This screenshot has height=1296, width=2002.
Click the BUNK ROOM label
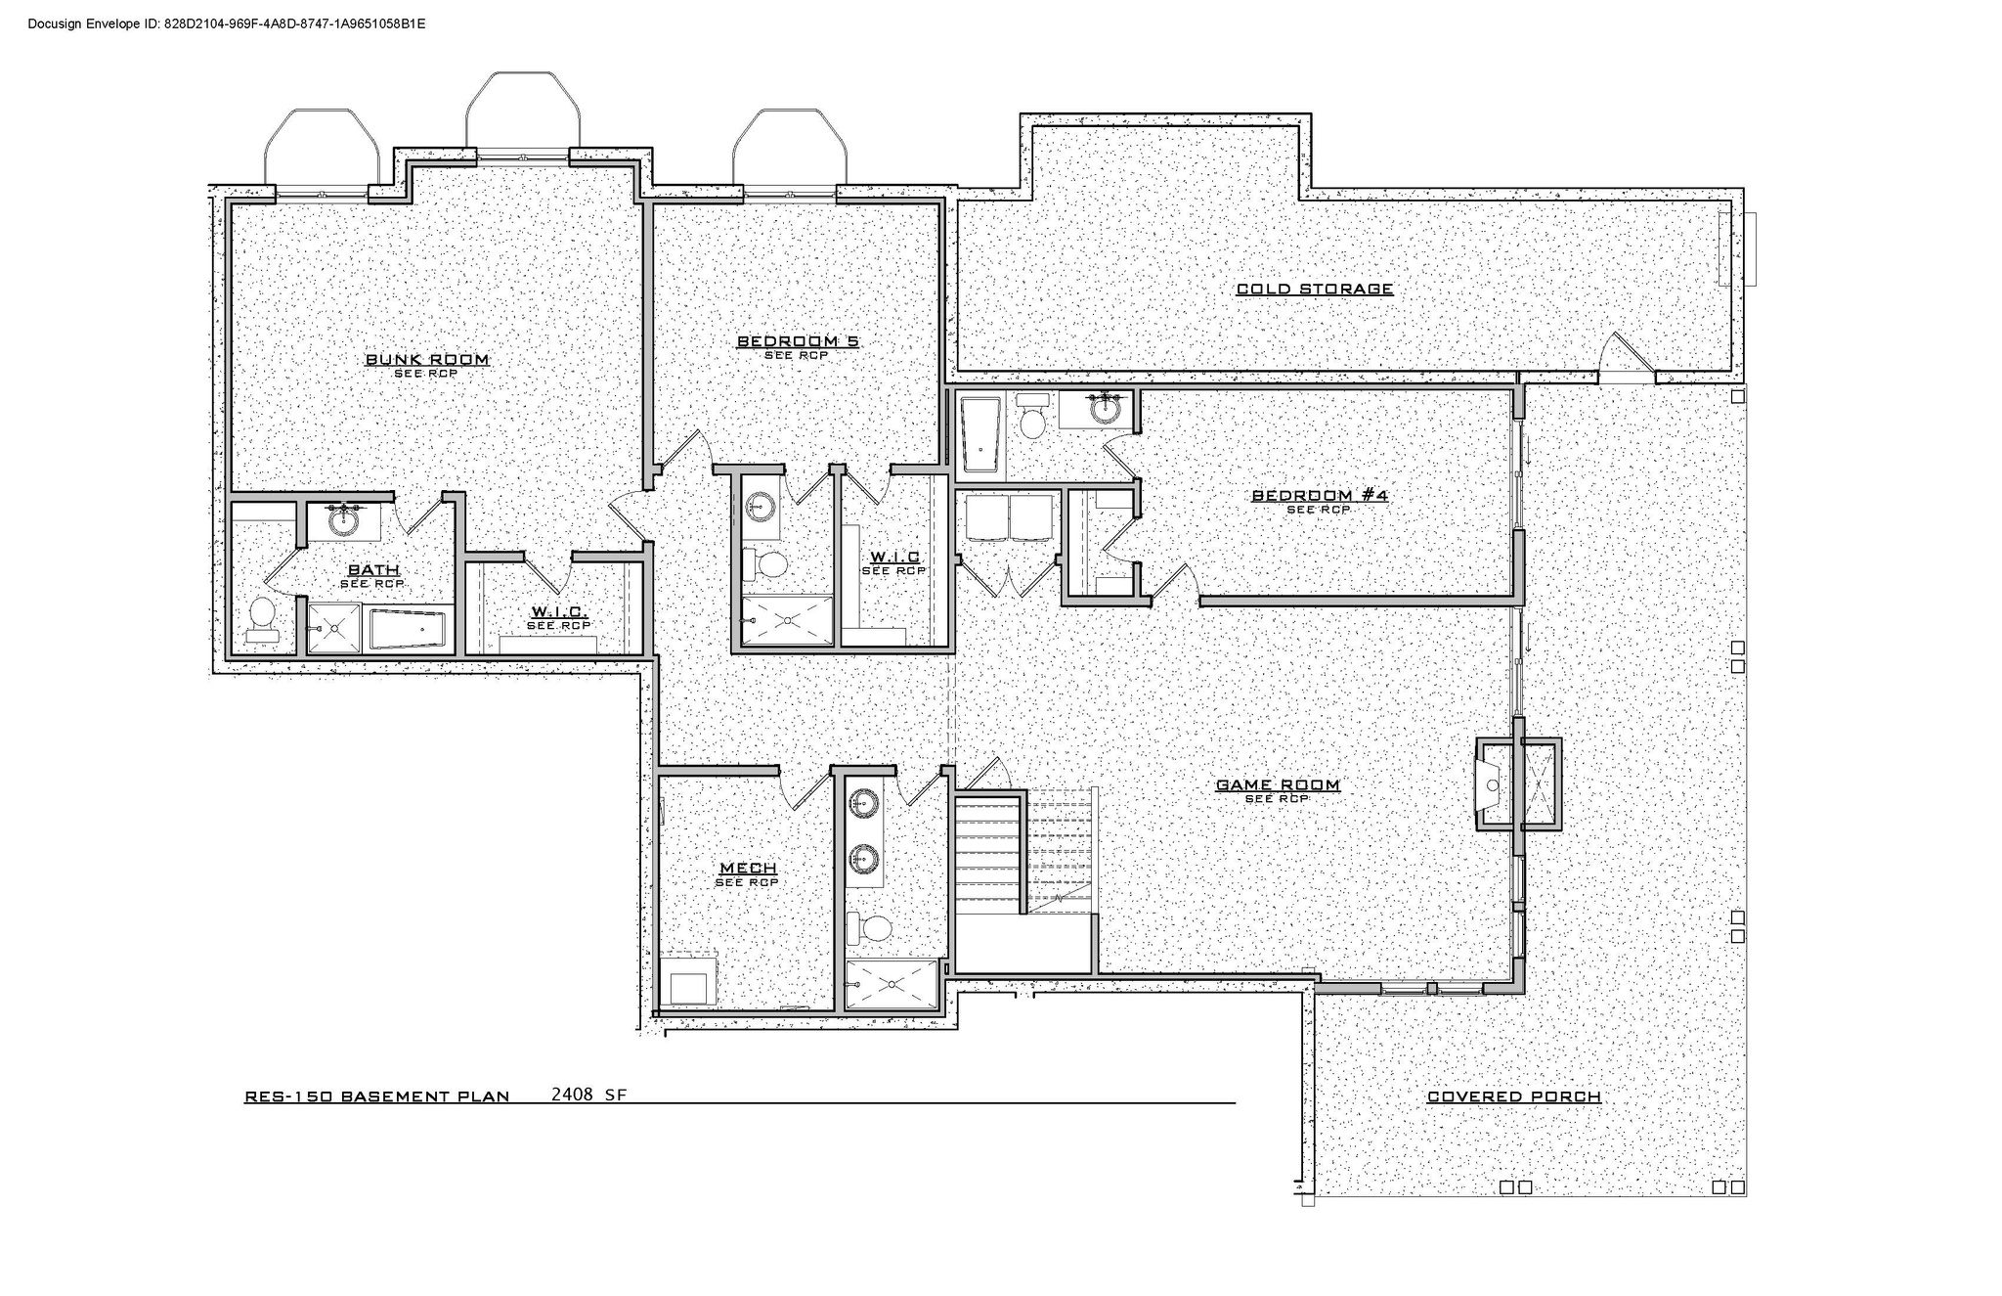click(427, 360)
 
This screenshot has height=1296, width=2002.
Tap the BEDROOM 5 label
click(797, 341)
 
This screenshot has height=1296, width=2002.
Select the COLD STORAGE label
click(1314, 289)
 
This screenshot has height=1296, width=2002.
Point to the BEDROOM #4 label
click(1319, 496)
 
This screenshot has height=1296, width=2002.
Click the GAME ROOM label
click(1277, 784)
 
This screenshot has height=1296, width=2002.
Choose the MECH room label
click(748, 869)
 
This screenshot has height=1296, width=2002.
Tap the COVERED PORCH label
click(1513, 1096)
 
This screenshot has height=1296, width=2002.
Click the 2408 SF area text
click(588, 1095)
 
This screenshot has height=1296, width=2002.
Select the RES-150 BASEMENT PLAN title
click(376, 1096)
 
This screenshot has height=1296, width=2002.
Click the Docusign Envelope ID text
click(226, 22)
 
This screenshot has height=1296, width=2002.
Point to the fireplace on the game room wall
click(1494, 784)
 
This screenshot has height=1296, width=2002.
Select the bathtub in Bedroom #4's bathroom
click(979, 437)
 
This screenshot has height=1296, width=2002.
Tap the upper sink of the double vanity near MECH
click(862, 803)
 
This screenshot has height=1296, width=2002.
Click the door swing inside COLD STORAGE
click(1628, 356)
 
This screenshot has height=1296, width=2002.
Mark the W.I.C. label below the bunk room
click(558, 612)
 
